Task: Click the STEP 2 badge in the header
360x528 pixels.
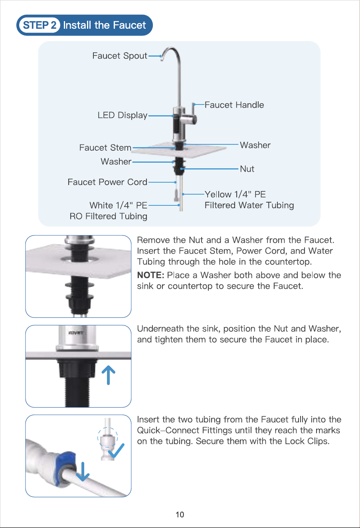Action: [x=40, y=25]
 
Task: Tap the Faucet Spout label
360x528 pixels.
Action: [x=120, y=56]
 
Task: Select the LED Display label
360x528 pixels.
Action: [x=123, y=115]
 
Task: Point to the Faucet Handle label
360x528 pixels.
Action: [x=234, y=105]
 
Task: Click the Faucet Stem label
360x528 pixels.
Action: [x=105, y=148]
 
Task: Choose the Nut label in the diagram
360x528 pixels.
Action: [x=247, y=169]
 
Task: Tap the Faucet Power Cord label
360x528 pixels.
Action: [x=107, y=182]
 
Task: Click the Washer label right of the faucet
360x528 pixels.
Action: [x=255, y=145]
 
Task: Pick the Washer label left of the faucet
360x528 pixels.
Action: [x=116, y=162]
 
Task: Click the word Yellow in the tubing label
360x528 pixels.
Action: [x=218, y=195]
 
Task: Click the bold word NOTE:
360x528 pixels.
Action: [x=150, y=275]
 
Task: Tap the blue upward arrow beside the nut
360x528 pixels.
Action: [x=108, y=375]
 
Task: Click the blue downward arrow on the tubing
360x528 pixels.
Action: [x=83, y=471]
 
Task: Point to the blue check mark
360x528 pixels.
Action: [x=116, y=451]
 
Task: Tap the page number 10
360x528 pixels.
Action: [x=180, y=514]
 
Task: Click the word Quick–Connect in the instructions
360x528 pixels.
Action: [x=168, y=430]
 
